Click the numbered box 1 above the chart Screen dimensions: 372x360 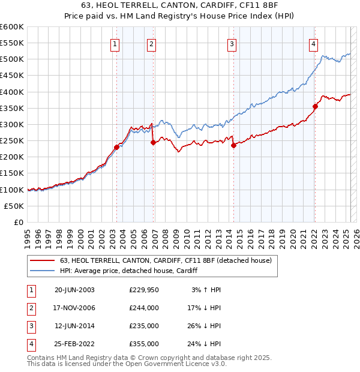(x=114, y=43)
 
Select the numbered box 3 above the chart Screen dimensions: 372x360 (x=232, y=43)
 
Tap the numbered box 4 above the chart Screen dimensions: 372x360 (x=313, y=43)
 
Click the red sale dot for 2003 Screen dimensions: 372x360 (x=117, y=147)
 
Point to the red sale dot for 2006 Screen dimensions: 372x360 (x=153, y=143)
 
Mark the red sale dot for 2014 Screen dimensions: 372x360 (x=233, y=145)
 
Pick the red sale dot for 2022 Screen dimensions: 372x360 (x=315, y=106)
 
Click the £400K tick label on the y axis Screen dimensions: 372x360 (x=12, y=92)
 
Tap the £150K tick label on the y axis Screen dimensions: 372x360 (x=12, y=173)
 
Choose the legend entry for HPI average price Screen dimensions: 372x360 (x=128, y=271)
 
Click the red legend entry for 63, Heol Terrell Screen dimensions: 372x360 (x=166, y=260)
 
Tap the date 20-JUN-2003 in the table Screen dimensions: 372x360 (x=74, y=289)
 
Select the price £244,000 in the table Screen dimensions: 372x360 (x=143, y=308)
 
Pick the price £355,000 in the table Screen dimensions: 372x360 (x=143, y=344)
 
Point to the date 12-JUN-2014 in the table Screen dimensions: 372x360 (x=74, y=326)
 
